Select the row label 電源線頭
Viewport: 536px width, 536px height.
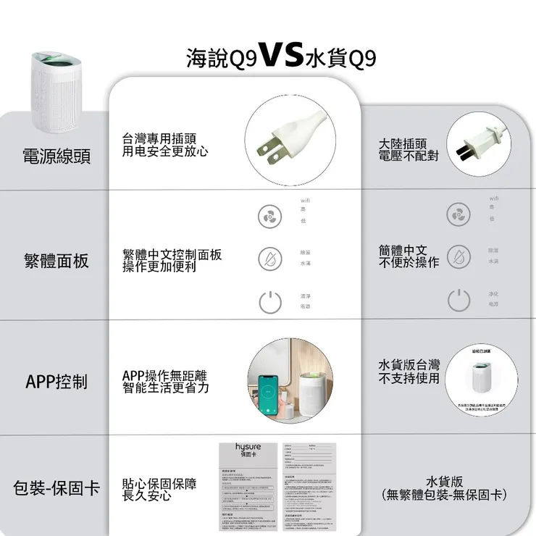(x=57, y=156)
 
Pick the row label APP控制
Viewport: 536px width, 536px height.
(x=56, y=381)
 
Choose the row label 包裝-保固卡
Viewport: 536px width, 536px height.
(x=56, y=487)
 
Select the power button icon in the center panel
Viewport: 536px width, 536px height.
(x=269, y=301)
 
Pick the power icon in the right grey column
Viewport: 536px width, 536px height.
(x=458, y=298)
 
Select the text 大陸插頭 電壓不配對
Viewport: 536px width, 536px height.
(x=409, y=150)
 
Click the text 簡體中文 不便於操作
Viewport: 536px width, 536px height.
(x=409, y=256)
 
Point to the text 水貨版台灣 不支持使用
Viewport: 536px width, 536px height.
(x=409, y=371)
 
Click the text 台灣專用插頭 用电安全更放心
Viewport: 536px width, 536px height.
(x=164, y=145)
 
